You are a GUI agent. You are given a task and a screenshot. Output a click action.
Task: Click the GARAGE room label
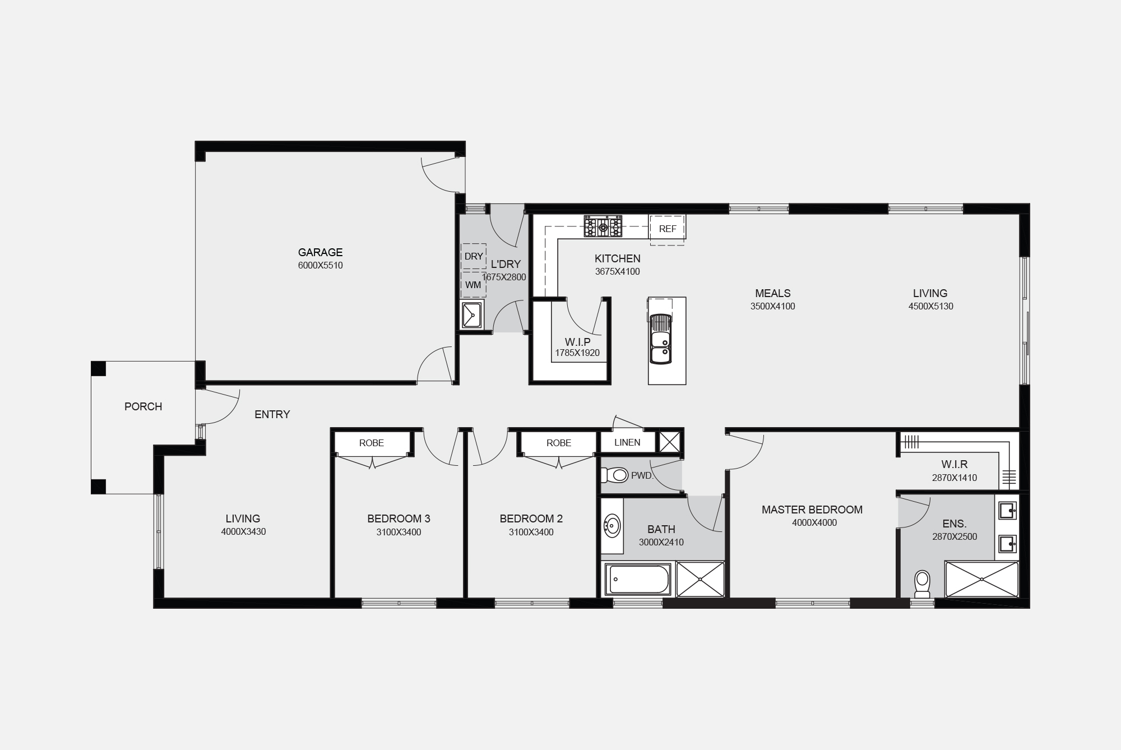(320, 252)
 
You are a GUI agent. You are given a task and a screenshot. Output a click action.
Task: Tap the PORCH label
(143, 406)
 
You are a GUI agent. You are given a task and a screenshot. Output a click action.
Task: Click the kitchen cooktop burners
(603, 226)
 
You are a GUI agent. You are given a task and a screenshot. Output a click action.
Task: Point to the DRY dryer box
(474, 256)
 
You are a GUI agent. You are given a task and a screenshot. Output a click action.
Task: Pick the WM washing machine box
(473, 285)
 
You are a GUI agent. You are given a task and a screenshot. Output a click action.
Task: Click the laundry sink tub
(473, 316)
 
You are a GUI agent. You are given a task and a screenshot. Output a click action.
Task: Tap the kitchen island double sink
(660, 340)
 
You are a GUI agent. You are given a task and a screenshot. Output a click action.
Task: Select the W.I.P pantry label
(577, 342)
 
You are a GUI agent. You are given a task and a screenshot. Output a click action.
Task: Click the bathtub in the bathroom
(638, 580)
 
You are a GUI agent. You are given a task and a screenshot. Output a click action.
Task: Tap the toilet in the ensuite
(922, 584)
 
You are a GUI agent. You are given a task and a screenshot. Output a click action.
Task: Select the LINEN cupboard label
(627, 442)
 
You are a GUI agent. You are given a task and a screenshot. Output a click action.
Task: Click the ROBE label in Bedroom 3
(372, 443)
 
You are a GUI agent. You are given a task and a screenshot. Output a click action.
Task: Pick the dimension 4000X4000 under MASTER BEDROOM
(814, 523)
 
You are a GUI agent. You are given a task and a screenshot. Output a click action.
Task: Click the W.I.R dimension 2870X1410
(955, 478)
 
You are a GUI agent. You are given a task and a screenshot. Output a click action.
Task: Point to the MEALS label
(773, 293)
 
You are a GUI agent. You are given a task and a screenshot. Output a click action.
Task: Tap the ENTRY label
(272, 414)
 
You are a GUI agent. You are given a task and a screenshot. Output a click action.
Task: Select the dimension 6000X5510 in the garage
(321, 266)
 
